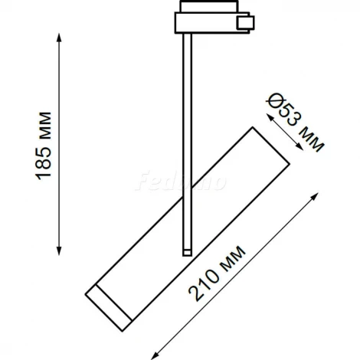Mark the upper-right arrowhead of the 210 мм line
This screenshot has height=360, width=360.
point(315,196)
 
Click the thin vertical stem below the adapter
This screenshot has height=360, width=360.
point(185,138)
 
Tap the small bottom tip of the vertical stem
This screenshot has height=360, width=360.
point(185,251)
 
